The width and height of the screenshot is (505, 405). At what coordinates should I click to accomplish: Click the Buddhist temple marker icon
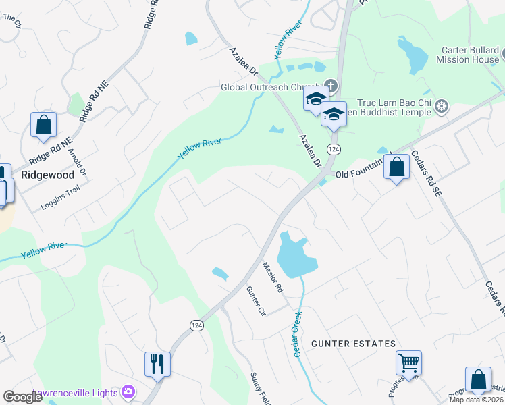point(442,106)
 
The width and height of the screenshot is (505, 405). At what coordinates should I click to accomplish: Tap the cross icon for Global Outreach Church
point(331,86)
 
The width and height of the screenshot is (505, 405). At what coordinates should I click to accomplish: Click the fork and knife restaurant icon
point(157,363)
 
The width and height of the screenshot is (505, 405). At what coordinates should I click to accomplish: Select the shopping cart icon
point(408,362)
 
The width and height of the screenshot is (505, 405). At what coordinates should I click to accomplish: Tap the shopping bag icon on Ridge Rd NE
point(43,125)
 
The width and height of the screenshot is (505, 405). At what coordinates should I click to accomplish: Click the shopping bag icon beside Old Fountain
point(396,165)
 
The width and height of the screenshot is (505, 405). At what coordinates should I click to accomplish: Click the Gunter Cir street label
point(257,301)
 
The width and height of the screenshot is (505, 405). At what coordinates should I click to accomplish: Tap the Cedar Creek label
point(296,329)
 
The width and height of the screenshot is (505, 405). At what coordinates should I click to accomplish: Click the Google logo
point(23,397)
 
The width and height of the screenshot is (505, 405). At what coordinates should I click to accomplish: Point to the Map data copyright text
point(476,400)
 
